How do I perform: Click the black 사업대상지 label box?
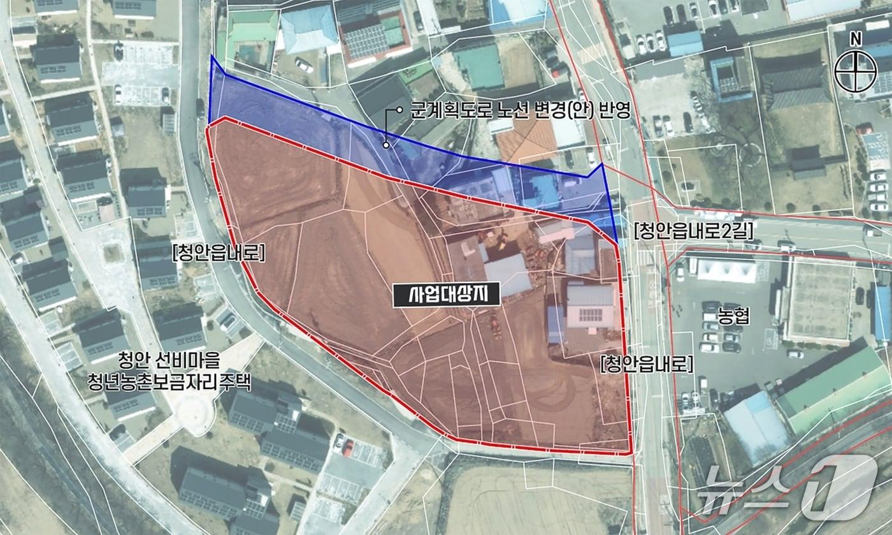[445, 295]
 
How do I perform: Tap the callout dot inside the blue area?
[385, 145]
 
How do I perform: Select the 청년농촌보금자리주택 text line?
[169, 383]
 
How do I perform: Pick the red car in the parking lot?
[348, 448]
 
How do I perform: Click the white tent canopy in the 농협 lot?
[726, 269]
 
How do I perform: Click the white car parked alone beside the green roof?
[304, 65]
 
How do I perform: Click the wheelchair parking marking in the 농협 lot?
[770, 336]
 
